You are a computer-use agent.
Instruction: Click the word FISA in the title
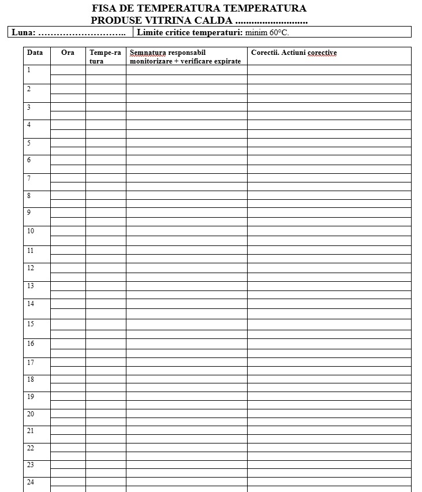[103, 9]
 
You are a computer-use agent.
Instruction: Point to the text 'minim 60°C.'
[267, 32]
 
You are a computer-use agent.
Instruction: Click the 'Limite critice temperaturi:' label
[189, 32]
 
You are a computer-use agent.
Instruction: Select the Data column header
[35, 53]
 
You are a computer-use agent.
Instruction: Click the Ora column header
[68, 53]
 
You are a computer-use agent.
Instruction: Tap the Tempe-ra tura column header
[105, 57]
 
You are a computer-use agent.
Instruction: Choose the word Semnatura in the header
[148, 53]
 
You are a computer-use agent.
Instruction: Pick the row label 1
[29, 70]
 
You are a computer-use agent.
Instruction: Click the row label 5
[29, 143]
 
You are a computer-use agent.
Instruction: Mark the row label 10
[31, 231]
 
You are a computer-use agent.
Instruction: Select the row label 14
[31, 303]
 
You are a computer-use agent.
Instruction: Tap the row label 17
[31, 362]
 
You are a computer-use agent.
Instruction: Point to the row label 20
[31, 413]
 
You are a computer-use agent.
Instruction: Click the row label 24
[31, 482]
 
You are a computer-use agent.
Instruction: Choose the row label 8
[29, 196]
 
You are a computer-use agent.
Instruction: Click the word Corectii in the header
[264, 53]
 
